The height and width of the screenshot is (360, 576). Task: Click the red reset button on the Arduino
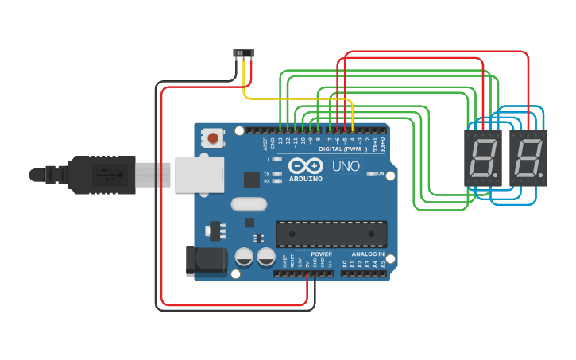(x=213, y=139)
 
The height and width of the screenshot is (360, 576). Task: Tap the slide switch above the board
(x=243, y=53)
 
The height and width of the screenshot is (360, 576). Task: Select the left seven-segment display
(x=483, y=158)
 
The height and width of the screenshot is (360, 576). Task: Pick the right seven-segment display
(x=528, y=158)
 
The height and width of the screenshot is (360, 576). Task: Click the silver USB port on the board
(x=199, y=173)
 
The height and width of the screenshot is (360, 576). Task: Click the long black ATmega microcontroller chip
(x=331, y=234)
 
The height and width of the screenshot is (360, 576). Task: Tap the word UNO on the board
(x=346, y=167)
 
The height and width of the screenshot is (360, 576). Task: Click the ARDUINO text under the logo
(x=306, y=179)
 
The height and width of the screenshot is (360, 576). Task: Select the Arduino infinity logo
(x=306, y=166)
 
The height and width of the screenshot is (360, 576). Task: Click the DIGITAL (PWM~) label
(x=342, y=149)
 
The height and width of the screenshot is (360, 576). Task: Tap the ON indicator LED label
(x=381, y=173)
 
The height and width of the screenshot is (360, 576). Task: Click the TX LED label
(x=266, y=173)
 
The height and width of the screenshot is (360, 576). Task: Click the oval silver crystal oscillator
(x=249, y=204)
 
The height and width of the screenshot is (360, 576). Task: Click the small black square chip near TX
(x=252, y=180)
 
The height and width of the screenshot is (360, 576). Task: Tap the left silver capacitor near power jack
(x=245, y=257)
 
